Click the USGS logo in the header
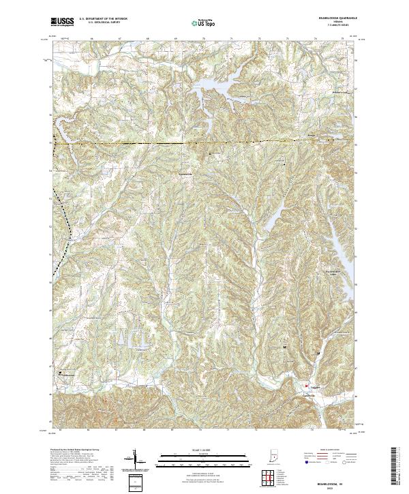coord(62,21)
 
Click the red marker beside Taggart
coord(306,384)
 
